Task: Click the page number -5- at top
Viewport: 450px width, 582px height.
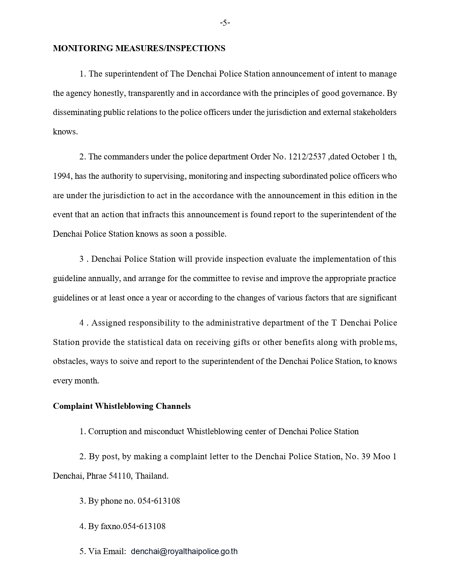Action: point(225,23)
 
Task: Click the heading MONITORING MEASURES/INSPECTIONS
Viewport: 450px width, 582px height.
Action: point(139,48)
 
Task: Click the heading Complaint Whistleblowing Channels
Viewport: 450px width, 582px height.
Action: point(122,406)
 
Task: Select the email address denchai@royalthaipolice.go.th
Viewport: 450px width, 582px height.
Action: point(184,551)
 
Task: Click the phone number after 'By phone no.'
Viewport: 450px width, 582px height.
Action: point(158,501)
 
